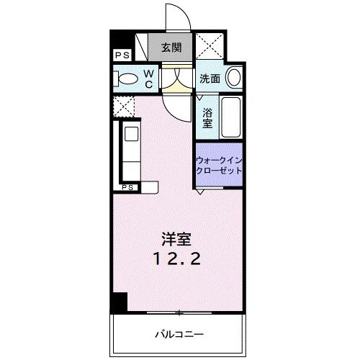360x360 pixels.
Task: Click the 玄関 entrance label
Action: point(171,48)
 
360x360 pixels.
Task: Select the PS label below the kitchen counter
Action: point(127,187)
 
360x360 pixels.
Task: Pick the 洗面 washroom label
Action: point(210,78)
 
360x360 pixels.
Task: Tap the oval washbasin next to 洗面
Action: point(233,78)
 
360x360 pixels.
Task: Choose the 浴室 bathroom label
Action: point(207,116)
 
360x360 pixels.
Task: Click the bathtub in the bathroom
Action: point(231,117)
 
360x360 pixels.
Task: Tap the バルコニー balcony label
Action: point(179,334)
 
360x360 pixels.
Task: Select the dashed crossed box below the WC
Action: point(123,106)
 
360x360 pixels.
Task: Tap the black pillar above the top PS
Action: point(117,40)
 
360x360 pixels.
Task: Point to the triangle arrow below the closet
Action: point(200,191)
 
